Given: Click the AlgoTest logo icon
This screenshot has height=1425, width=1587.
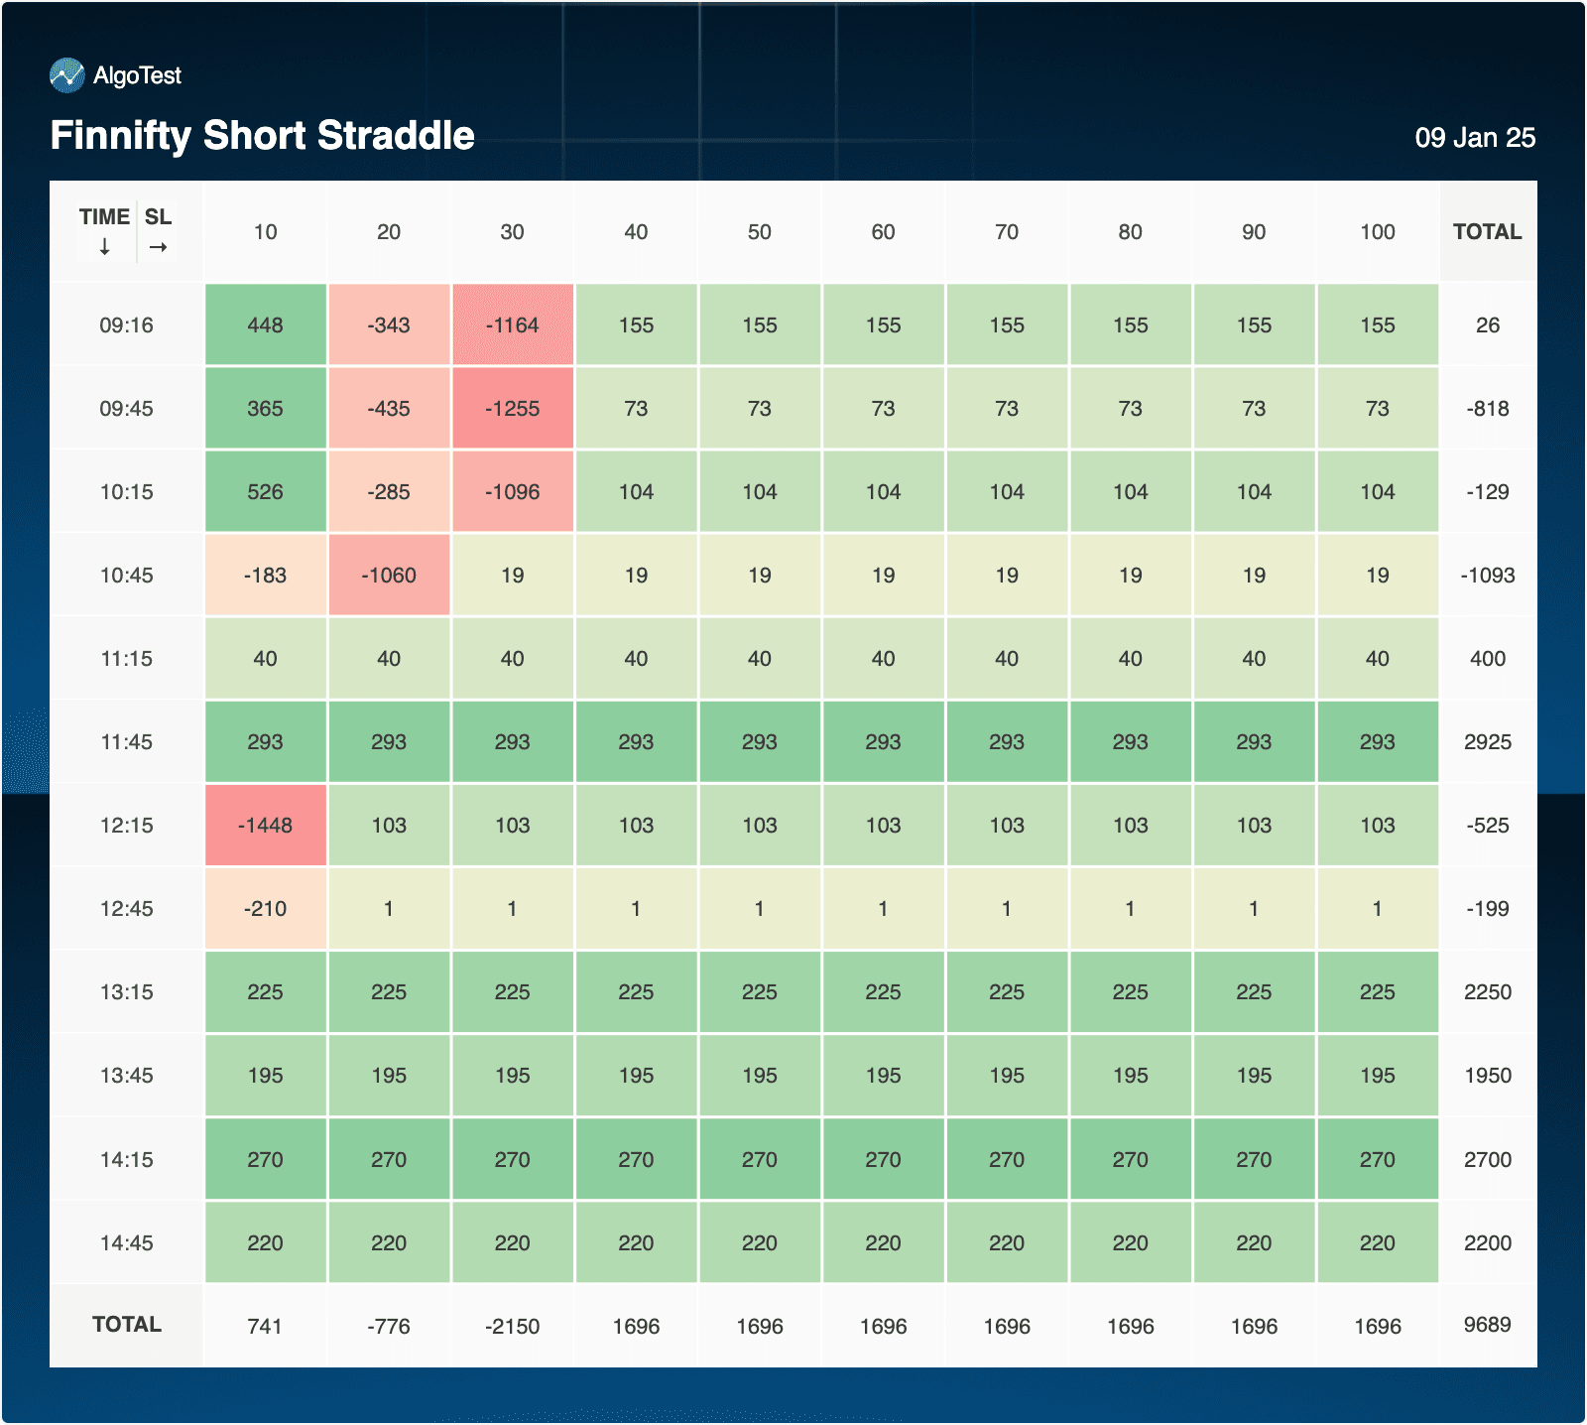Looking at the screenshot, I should pos(67,75).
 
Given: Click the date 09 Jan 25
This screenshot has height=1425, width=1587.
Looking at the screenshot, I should pos(1475,138).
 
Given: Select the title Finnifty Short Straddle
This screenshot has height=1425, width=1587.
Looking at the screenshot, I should pos(263,136).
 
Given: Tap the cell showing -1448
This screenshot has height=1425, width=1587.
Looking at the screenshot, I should pos(265,826).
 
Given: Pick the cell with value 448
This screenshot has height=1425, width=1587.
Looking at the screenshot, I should pos(265,325).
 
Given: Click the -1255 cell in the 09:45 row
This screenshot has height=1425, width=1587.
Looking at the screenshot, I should pos(513,409).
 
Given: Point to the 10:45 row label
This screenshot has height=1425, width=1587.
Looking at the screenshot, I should pos(126,576).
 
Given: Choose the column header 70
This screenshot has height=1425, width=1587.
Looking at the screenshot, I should pos(1007,232).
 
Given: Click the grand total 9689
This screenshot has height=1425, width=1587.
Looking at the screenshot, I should pos(1487,1325).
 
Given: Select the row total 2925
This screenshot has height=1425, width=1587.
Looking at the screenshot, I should pos(1487,742).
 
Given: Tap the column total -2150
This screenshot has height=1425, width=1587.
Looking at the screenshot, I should pos(513,1327).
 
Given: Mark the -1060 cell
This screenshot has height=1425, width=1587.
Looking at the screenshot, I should pos(389,576).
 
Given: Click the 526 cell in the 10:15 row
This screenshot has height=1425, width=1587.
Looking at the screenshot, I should pos(265,492).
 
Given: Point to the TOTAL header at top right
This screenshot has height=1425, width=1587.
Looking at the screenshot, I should pos(1487,232).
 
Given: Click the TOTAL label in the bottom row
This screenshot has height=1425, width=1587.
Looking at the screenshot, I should pos(126,1325).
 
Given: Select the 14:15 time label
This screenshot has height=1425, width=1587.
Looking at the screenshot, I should pos(126,1160).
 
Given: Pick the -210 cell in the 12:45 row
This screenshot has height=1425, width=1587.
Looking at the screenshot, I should pos(265,909).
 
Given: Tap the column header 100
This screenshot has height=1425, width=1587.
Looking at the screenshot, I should pos(1378,232).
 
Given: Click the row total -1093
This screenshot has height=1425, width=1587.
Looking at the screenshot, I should pos(1487,576).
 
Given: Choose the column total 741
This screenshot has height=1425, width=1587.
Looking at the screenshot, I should pos(265,1327).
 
